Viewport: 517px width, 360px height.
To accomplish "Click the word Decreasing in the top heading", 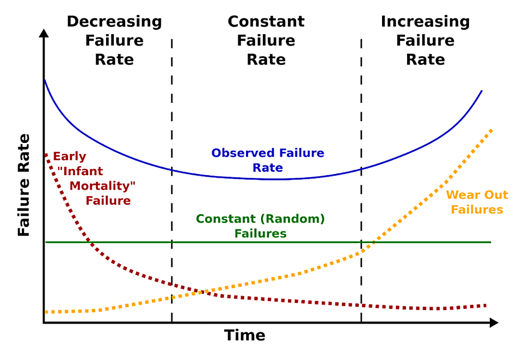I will pos(114,22).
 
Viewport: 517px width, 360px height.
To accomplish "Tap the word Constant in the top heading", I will pos(266,22).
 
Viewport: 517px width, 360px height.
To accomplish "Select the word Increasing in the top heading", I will pos(425,22).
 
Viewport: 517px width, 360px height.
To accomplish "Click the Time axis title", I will pos(244,335).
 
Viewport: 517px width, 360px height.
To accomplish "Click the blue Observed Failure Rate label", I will pos(268,160).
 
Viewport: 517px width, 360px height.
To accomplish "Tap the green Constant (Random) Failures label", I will pos(260,226).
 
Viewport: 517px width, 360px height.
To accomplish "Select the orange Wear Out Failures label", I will pos(477,202).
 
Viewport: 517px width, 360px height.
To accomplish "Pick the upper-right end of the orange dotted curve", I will pos(491,129).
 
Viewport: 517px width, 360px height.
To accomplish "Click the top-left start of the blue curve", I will pos(45,80).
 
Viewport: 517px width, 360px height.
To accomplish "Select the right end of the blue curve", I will pos(482,90).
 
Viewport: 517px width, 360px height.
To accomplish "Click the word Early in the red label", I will pos(70,157).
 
